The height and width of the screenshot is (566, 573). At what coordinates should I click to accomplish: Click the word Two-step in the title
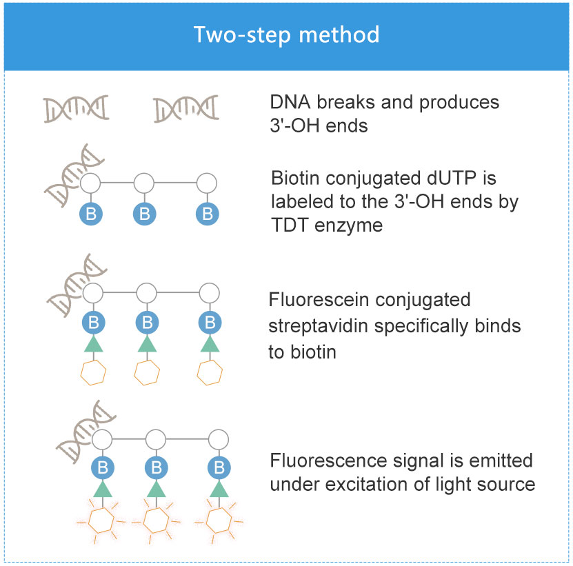[242, 35]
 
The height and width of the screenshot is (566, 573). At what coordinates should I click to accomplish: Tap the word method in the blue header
[339, 34]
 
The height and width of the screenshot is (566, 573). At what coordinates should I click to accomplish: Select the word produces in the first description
[459, 103]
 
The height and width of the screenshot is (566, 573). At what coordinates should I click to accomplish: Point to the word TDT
[290, 225]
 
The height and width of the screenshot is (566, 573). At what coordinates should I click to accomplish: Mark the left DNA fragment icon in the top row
[77, 108]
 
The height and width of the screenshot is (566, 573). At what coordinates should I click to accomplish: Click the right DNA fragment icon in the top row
[186, 108]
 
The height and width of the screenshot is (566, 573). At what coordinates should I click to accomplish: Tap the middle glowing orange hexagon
[156, 520]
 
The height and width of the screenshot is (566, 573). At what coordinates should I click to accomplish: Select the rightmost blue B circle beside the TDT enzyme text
[207, 214]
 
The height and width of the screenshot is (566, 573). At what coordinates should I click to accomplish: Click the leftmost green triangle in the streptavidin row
[94, 344]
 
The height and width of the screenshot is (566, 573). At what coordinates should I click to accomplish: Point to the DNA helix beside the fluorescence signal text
[85, 431]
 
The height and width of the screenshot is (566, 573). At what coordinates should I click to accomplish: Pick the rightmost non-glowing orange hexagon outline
[210, 373]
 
